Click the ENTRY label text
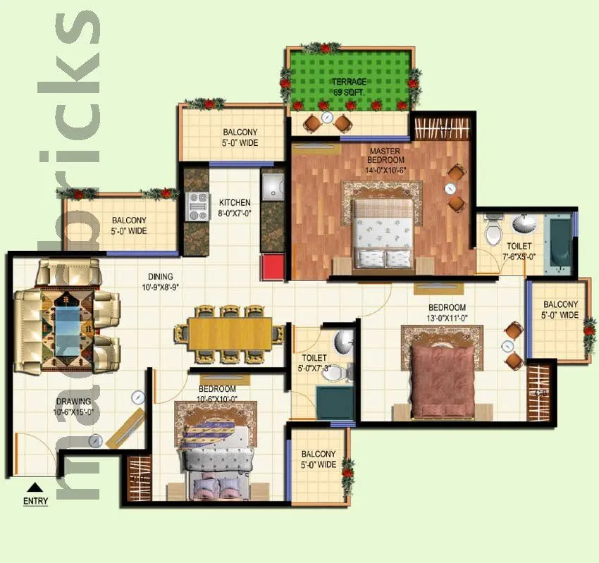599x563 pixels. (35, 502)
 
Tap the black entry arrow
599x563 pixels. (35, 486)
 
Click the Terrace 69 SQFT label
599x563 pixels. (350, 87)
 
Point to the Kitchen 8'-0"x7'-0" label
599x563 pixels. (234, 207)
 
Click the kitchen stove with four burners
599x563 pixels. (197, 205)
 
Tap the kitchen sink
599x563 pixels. (271, 187)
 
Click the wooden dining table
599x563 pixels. (230, 334)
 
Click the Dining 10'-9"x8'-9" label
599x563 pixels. (160, 281)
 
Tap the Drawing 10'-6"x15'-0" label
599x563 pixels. (74, 407)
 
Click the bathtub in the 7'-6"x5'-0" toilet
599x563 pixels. (560, 243)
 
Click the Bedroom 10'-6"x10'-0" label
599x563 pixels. (217, 394)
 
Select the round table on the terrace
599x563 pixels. (326, 117)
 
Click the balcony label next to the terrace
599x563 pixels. (240, 137)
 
